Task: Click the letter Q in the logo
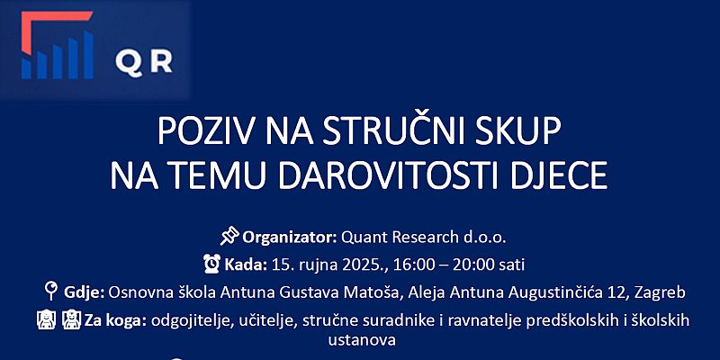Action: pyautogui.click(x=130, y=63)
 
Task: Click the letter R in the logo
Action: pyautogui.click(x=162, y=62)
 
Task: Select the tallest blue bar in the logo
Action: pyautogui.click(x=88, y=54)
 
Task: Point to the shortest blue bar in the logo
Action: pyautogui.click(x=26, y=68)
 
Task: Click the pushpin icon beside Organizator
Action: pyautogui.click(x=229, y=236)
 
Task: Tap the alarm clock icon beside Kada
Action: pyautogui.click(x=211, y=264)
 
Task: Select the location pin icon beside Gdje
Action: pyautogui.click(x=50, y=291)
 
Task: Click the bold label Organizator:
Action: pyautogui.click(x=290, y=238)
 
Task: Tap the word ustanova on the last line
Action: pyautogui.click(x=362, y=340)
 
